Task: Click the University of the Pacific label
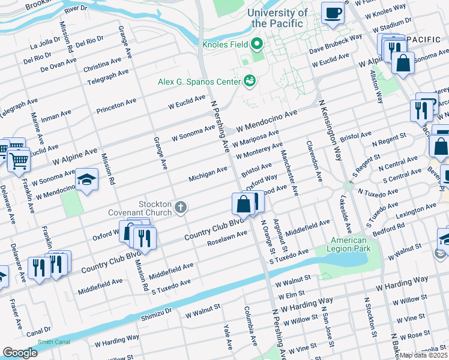coord(279,17)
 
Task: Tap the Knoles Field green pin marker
coord(257,43)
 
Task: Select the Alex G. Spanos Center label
coord(198,81)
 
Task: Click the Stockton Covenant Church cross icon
coord(179,208)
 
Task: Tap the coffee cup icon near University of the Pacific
coord(333,13)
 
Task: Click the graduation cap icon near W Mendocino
coord(86,179)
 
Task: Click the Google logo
coord(20,353)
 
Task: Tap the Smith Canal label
coord(53,342)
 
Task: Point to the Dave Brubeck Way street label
coord(336,44)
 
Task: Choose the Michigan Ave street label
coord(208,175)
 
